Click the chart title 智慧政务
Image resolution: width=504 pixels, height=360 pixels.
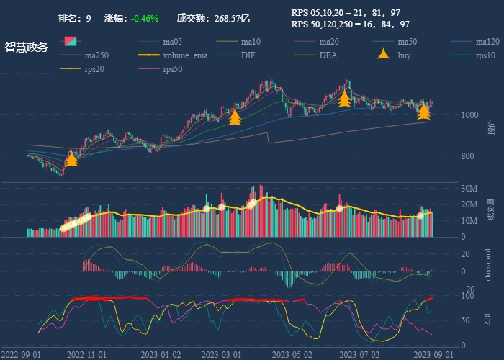click(27, 48)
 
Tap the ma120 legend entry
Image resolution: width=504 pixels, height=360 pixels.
click(487, 42)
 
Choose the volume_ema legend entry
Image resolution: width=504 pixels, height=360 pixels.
click(185, 55)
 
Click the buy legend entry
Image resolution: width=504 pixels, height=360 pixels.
click(404, 55)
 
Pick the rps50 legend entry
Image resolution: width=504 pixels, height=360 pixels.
click(173, 69)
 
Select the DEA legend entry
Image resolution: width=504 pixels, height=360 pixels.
click(328, 55)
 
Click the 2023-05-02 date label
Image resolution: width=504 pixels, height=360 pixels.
click(292, 355)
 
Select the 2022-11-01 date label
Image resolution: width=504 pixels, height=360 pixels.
click(86, 355)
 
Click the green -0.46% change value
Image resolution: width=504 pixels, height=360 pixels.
click(144, 18)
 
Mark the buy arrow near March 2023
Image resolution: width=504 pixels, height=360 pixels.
click(235, 117)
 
